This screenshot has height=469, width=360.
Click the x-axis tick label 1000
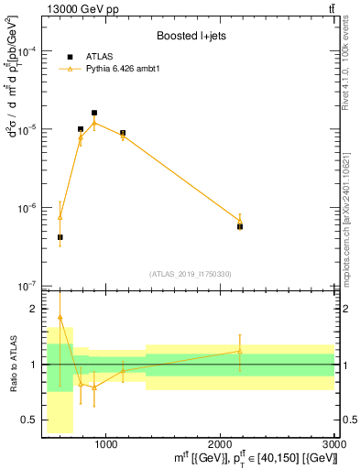(x=105, y=444)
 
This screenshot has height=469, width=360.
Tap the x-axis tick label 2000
(x=220, y=444)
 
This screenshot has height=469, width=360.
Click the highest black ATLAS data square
(x=94, y=113)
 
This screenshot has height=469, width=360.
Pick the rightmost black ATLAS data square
(x=240, y=225)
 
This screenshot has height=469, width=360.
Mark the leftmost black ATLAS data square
(x=60, y=237)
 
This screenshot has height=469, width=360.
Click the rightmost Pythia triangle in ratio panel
(x=240, y=352)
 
